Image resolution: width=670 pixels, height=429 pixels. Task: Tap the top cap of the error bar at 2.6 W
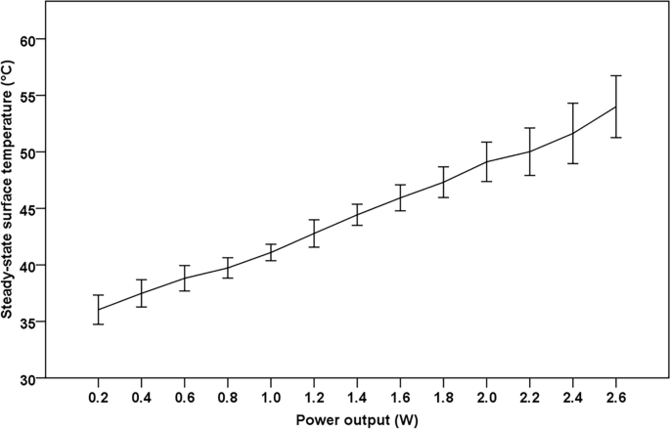point(615,76)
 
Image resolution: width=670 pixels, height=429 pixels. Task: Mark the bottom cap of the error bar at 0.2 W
point(98,323)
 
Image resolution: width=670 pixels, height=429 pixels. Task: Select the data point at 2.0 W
point(486,161)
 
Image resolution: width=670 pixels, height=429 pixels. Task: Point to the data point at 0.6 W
point(184,278)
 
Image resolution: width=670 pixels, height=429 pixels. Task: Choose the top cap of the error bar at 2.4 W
point(572,104)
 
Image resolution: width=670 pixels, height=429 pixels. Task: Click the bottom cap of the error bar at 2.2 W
point(529,175)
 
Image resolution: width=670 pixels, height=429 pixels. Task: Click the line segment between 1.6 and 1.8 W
point(422,190)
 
